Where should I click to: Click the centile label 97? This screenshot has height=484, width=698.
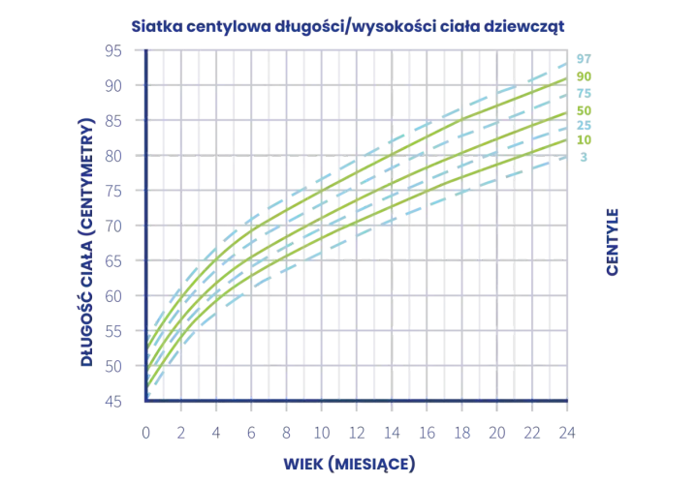(584, 59)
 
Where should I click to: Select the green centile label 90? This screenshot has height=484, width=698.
(584, 76)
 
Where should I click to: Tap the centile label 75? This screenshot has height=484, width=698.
(584, 93)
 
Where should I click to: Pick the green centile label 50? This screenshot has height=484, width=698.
(584, 110)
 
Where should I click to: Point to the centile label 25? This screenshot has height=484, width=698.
(584, 125)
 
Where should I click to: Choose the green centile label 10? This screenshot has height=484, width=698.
(584, 140)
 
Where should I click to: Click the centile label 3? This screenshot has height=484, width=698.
(584, 157)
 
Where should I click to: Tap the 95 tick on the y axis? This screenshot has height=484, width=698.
(113, 51)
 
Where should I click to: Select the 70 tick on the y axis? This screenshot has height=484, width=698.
(113, 227)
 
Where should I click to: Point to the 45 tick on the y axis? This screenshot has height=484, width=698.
(113, 402)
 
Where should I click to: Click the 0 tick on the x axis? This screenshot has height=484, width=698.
(146, 433)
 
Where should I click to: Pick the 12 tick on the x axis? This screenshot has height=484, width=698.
(357, 433)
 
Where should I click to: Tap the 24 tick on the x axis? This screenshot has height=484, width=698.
(567, 433)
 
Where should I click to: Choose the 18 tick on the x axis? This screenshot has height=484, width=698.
(462, 433)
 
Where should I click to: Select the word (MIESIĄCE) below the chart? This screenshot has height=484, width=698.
(371, 465)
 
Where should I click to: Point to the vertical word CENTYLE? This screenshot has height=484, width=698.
(613, 242)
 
